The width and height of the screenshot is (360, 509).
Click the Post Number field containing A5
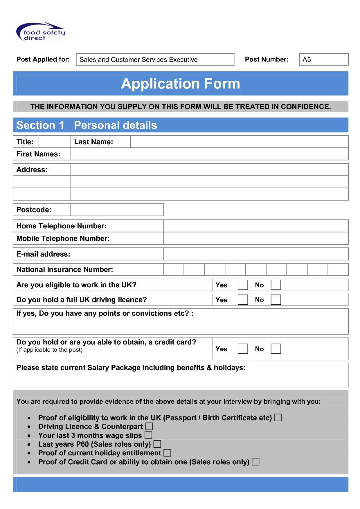(x=323, y=59)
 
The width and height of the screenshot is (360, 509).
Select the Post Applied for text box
(x=155, y=59)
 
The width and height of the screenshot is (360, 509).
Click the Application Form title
(x=181, y=84)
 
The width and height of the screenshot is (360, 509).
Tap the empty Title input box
(x=55, y=142)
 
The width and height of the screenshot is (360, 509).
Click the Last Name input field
(x=239, y=142)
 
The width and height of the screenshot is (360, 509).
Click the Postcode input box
(x=117, y=210)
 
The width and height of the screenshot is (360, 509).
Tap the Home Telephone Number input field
(x=255, y=226)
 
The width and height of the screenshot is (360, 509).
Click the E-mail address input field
(x=255, y=254)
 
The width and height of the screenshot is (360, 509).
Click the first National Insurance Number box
(x=174, y=270)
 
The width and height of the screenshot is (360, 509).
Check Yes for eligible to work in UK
(x=243, y=285)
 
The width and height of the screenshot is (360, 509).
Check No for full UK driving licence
(x=276, y=300)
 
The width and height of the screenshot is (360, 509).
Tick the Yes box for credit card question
(x=243, y=349)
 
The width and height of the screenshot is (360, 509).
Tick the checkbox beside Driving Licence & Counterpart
(x=149, y=426)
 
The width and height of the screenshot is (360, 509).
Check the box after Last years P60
(x=157, y=444)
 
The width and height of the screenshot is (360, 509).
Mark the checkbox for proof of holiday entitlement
(x=167, y=453)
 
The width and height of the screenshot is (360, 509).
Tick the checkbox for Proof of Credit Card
(x=255, y=462)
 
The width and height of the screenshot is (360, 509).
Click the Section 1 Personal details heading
(x=87, y=125)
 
